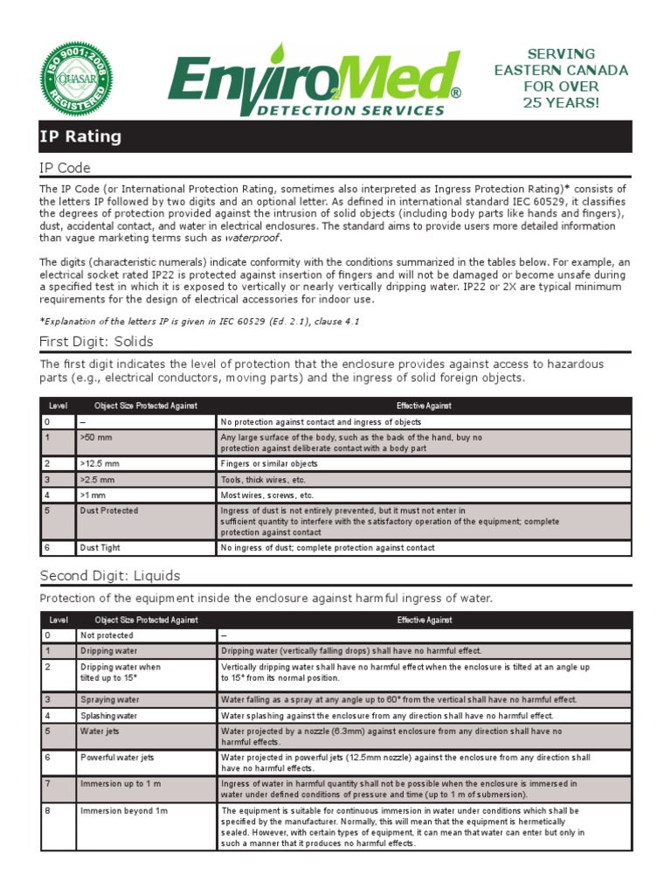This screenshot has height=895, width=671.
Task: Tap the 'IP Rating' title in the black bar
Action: click(80, 137)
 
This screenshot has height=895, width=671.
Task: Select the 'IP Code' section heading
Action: click(66, 168)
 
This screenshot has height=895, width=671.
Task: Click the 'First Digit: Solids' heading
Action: click(97, 341)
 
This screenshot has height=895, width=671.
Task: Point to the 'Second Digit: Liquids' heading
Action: click(110, 575)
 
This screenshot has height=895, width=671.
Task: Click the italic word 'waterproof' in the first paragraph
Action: click(253, 238)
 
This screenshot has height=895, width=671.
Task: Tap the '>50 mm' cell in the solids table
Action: click(94, 437)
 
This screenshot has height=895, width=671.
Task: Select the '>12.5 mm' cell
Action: click(98, 464)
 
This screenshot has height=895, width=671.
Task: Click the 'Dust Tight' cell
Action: click(100, 548)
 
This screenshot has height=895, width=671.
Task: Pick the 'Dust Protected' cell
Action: click(109, 510)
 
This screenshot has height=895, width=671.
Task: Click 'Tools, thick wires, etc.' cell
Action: click(262, 480)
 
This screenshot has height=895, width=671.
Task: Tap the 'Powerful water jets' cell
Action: click(117, 757)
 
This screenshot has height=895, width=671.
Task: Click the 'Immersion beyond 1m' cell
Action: click(123, 811)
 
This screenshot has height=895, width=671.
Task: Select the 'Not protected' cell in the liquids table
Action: click(107, 635)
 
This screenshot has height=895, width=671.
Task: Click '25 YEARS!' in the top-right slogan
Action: click(561, 103)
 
